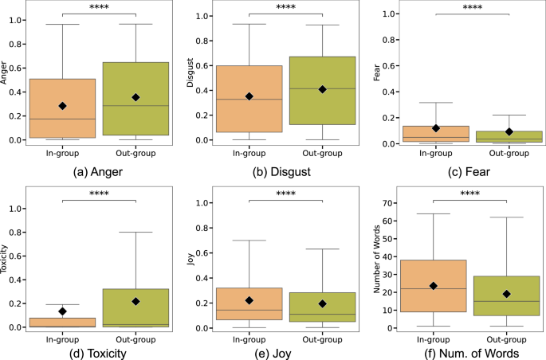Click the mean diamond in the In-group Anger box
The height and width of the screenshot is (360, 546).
[x=62, y=106]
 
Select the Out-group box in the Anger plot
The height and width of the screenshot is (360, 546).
[x=135, y=99]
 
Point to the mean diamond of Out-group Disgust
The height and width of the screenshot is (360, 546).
[x=322, y=89]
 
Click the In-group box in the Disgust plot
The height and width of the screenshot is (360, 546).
[x=249, y=99]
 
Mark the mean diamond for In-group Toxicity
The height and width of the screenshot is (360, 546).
[x=62, y=311]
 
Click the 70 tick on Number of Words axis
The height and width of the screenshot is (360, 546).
[x=395, y=203]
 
